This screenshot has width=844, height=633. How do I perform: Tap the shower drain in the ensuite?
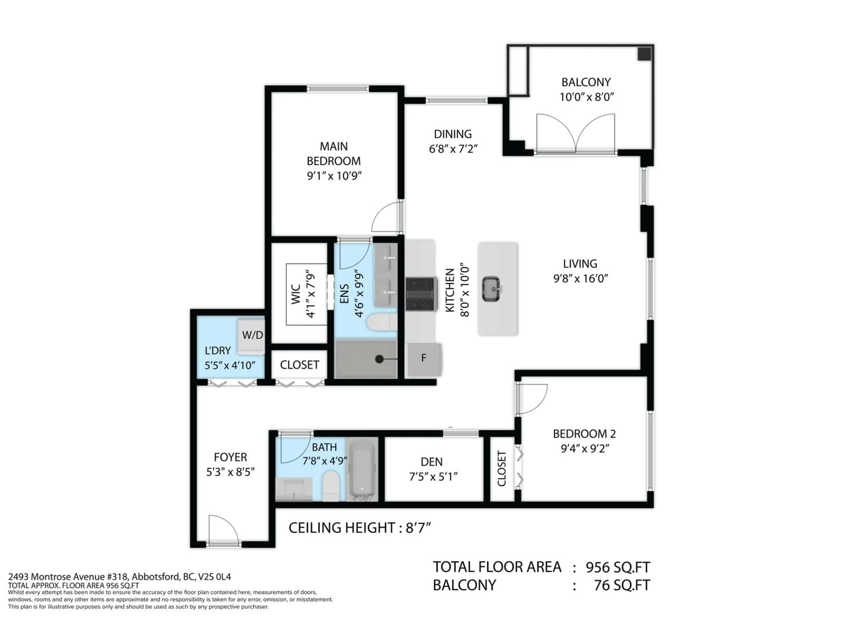(379, 359)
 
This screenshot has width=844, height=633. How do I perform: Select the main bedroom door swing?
(386, 218)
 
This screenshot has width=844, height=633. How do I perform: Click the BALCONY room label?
(586, 82)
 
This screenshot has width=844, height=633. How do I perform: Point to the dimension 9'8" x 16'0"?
(580, 278)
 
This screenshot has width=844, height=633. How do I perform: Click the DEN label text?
(431, 462)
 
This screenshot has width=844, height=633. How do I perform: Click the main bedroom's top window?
(338, 89)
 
